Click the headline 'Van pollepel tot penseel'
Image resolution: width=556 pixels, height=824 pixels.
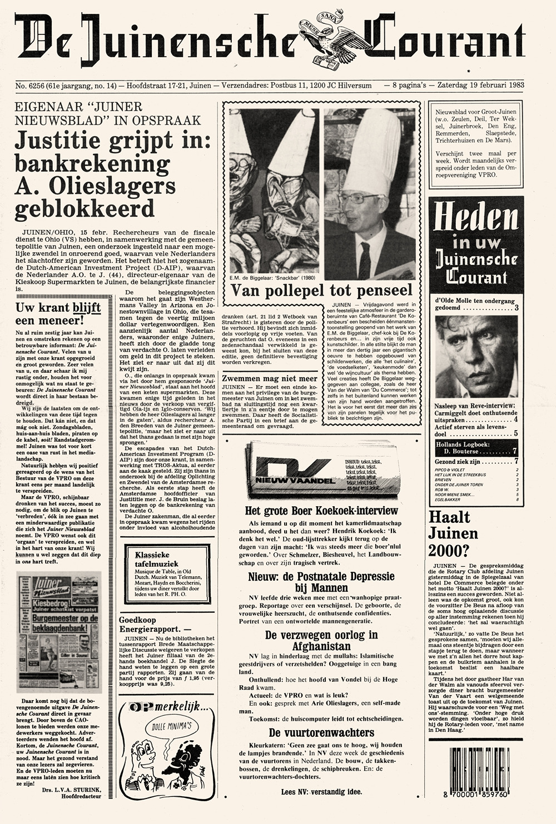coord(321,289)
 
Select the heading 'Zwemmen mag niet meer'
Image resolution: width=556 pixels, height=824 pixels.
coord(269,378)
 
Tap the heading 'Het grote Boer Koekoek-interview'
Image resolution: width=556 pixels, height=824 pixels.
coord(322,511)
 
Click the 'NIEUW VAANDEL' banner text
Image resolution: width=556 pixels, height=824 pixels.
coord(285,480)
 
